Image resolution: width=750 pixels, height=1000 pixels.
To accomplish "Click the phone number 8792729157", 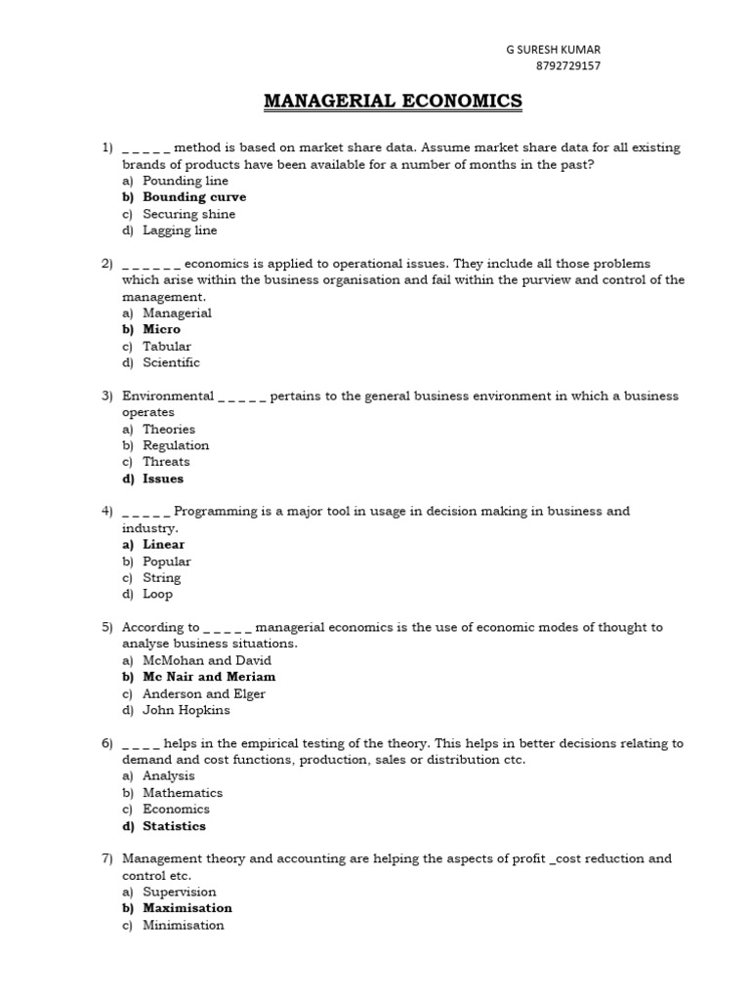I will pos(568,66).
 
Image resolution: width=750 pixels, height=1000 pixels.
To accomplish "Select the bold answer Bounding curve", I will pos(194,197).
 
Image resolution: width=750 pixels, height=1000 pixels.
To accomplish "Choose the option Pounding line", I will pos(186,181).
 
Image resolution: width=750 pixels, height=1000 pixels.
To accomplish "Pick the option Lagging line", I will pos(180,230).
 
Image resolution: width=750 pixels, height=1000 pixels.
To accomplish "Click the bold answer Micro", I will pos(161,329).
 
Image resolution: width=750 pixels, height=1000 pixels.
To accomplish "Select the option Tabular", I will pos(167,346).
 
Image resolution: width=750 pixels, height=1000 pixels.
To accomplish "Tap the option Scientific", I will pos(171,362).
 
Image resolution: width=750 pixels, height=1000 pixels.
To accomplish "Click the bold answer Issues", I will pos(163,479).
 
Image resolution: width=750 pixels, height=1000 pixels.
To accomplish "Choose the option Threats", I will pos(166,462).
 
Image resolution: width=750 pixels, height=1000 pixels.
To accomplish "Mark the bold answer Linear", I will pos(163,545).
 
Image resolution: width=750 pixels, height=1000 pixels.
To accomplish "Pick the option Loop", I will pos(157,594).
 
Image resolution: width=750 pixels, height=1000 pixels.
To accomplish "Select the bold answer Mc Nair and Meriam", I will pos(209,677).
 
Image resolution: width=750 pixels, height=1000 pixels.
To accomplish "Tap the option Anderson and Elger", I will pos(204,693).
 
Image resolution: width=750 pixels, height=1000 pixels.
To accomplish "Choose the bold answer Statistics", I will pos(174,826).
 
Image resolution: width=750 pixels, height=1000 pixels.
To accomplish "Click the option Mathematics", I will pos(183,793).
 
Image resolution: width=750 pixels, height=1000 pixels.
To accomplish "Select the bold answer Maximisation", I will pos(187,908).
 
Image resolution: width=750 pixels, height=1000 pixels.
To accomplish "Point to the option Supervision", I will pos(180,892).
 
